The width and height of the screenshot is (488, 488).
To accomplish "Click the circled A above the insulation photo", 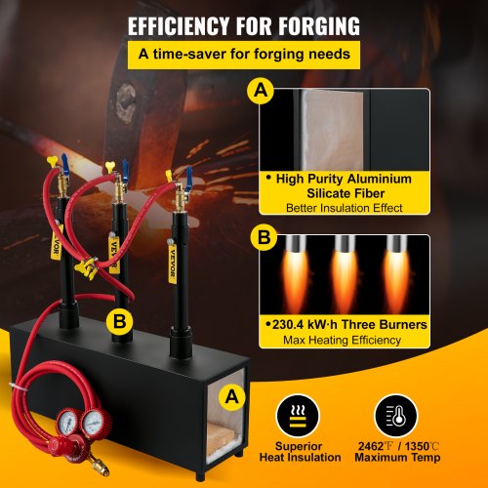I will tap(261, 92).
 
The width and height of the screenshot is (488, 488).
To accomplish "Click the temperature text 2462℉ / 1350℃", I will tap(395, 444).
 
